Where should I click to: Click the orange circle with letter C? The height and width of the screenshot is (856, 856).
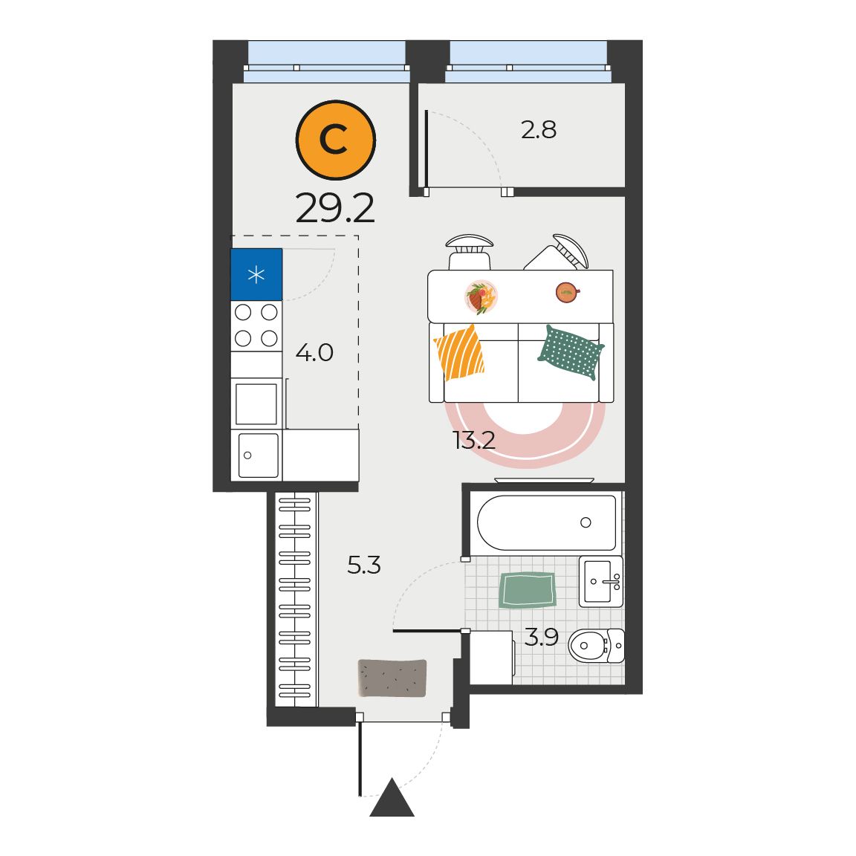pyautogui.click(x=336, y=140)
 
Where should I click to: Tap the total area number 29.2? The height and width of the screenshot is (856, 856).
pyautogui.click(x=335, y=208)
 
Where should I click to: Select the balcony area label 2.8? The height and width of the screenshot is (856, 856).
pyautogui.click(x=538, y=130)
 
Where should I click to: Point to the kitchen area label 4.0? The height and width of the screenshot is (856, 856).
pyautogui.click(x=314, y=353)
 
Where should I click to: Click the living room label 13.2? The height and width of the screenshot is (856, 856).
pyautogui.click(x=474, y=440)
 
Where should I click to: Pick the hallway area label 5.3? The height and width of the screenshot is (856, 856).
pyautogui.click(x=364, y=565)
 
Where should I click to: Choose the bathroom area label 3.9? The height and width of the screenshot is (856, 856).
pyautogui.click(x=542, y=637)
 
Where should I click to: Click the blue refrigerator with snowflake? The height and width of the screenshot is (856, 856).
pyautogui.click(x=256, y=274)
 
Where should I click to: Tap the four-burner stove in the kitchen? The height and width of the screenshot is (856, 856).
pyautogui.click(x=256, y=326)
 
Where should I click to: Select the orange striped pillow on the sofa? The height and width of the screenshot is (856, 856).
pyautogui.click(x=459, y=352)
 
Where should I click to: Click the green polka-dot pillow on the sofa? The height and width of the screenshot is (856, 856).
pyautogui.click(x=571, y=352)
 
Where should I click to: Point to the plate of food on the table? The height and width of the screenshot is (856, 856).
pyautogui.click(x=481, y=297)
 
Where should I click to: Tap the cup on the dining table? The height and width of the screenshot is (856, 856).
pyautogui.click(x=567, y=293)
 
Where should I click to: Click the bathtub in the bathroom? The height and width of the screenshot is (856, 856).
pyautogui.click(x=546, y=522)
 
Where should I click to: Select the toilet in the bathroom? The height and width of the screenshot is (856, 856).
pyautogui.click(x=596, y=645)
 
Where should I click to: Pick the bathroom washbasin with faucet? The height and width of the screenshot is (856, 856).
pyautogui.click(x=600, y=581)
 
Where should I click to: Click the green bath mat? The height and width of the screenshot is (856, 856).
pyautogui.click(x=528, y=589)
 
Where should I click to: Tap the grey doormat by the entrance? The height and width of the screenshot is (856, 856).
pyautogui.click(x=392, y=678)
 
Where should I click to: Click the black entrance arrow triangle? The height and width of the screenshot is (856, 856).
pyautogui.click(x=392, y=799)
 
